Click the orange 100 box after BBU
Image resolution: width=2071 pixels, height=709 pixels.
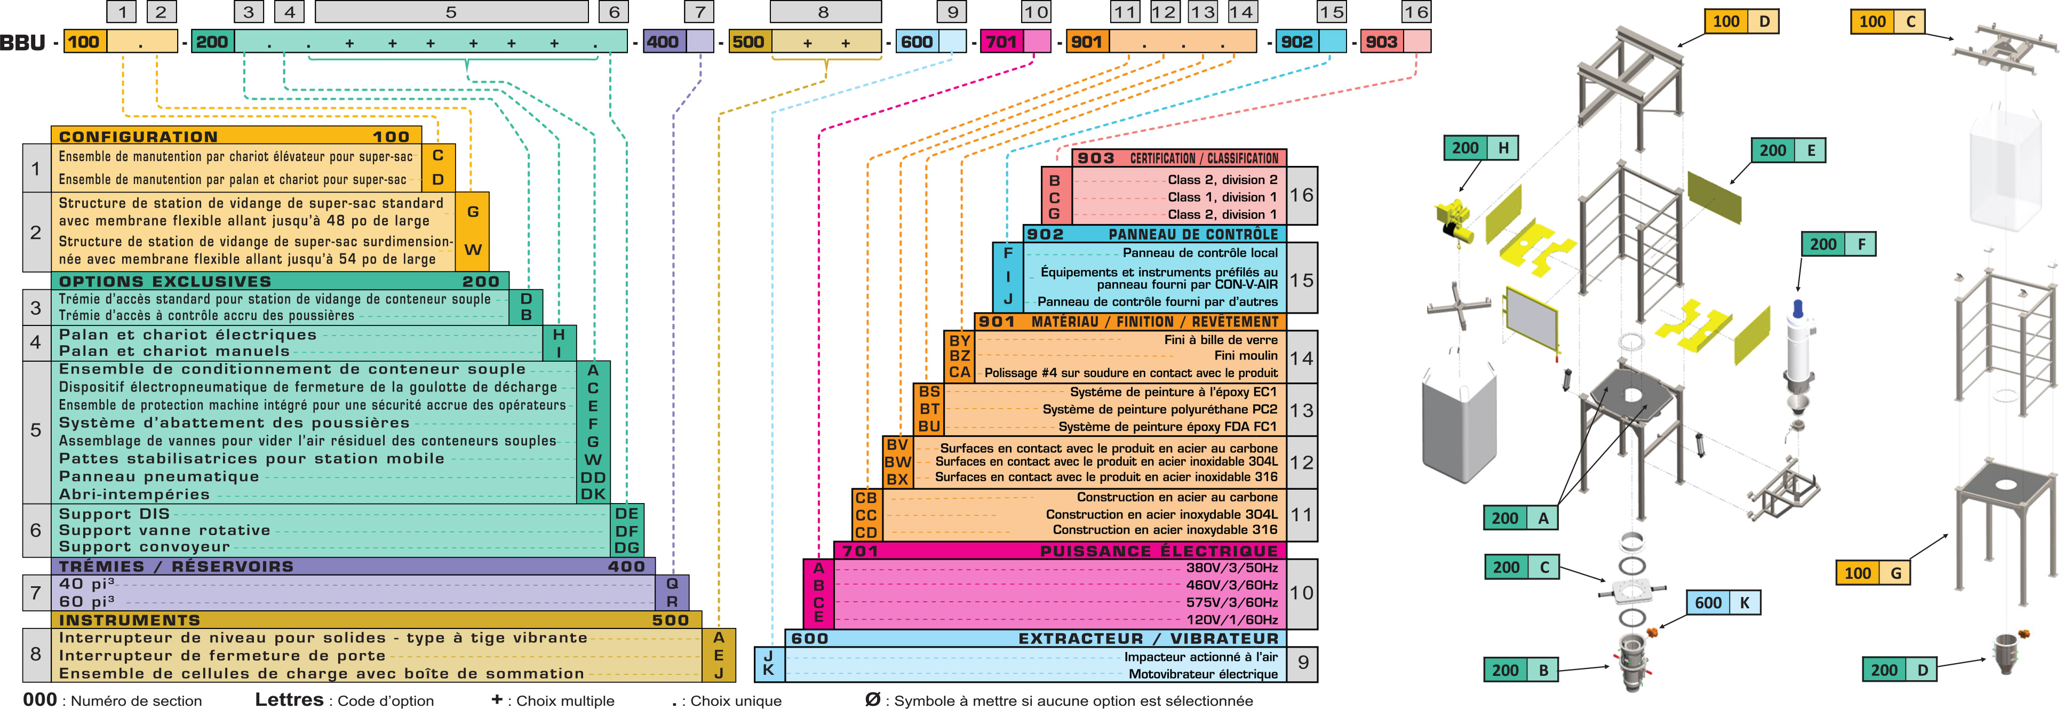[84, 42]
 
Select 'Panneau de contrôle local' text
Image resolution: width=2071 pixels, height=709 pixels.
[1199, 252]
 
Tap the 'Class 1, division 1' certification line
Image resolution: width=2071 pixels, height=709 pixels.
[1222, 197]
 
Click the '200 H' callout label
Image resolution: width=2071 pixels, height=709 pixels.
[1481, 148]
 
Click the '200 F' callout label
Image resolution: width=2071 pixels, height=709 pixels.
[1838, 244]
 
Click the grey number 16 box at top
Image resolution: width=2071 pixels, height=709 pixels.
[1416, 12]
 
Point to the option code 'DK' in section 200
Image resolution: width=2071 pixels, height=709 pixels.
[593, 495]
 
